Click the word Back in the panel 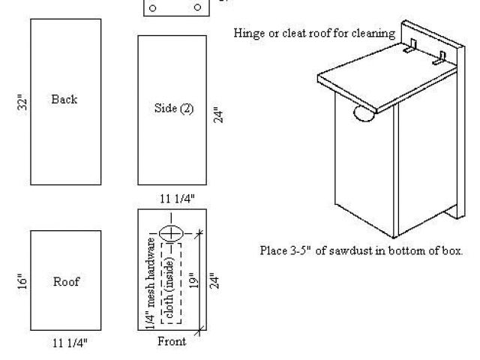pos(64,99)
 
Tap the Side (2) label pos(174,108)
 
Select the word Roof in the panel pos(66,281)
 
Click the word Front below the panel pos(172,341)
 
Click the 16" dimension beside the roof pos(22,281)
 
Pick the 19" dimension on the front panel pos(193,280)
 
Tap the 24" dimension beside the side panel pos(218,115)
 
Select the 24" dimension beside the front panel pos(214,280)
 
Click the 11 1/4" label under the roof pos(70,343)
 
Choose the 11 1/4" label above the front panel pos(177,199)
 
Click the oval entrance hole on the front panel pos(171,233)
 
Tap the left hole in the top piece pos(152,8)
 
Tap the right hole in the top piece pos(198,7)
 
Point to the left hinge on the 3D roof pos(409,46)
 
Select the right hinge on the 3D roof pos(439,58)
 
